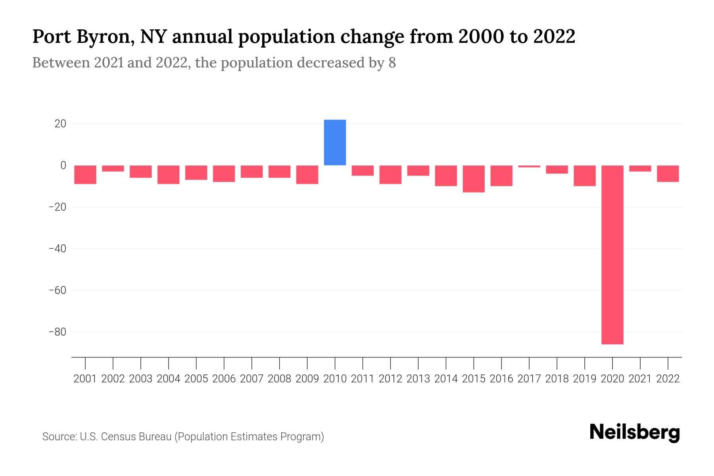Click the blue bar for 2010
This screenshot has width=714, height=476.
(335, 142)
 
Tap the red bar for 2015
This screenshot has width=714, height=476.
(474, 179)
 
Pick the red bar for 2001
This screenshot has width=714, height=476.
(85, 175)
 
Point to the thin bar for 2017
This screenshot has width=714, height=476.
(529, 166)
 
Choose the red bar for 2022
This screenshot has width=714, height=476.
(668, 174)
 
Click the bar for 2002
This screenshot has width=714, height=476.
(113, 169)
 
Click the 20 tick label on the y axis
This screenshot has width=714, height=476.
(60, 124)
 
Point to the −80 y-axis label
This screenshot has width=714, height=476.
(57, 332)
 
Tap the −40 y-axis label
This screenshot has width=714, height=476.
(57, 249)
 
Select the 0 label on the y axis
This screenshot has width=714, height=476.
(63, 165)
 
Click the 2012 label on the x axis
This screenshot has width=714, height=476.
(390, 379)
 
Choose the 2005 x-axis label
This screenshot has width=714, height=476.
(196, 379)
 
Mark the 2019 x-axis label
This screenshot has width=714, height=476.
(584, 379)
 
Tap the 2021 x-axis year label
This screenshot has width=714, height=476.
(640, 379)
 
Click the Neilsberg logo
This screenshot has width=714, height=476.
(635, 432)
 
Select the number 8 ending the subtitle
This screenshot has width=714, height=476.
(392, 63)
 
